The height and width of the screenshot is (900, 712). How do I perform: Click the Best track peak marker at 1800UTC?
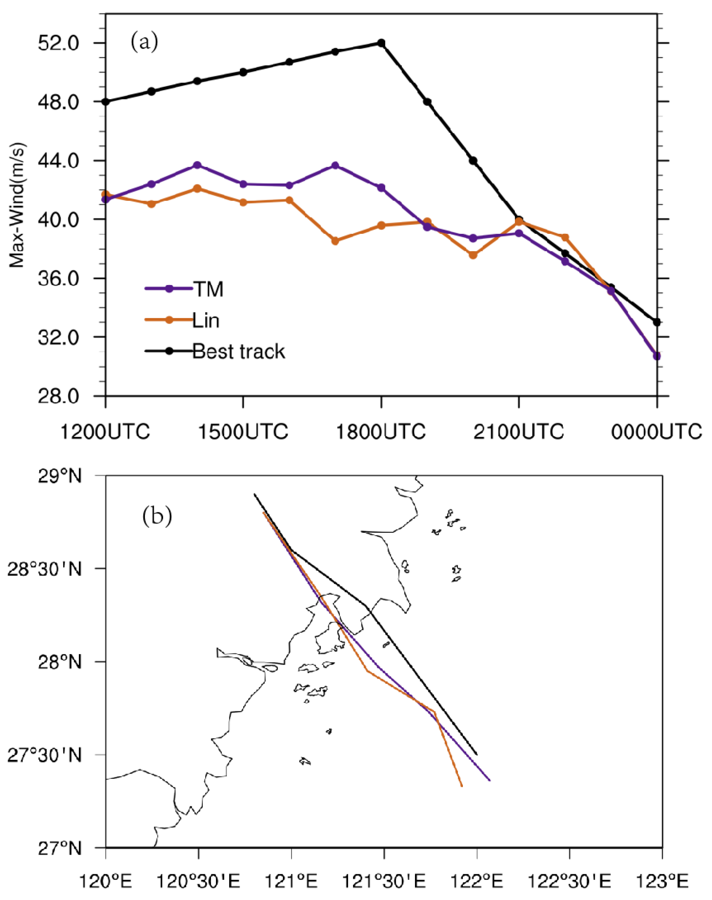[381, 43]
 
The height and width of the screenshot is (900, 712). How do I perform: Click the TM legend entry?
[207, 289]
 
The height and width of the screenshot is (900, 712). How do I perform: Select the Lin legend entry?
[206, 320]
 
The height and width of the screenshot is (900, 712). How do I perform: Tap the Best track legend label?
[239, 351]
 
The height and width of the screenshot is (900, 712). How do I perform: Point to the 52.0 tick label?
[58, 43]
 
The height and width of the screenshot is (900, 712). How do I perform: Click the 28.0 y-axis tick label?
[58, 396]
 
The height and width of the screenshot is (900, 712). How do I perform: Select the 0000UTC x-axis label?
[656, 432]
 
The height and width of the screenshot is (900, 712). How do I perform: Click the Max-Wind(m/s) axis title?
[17, 205]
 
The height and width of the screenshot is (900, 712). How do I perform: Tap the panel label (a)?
[144, 42]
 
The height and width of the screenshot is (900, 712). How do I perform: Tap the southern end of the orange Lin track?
[462, 786]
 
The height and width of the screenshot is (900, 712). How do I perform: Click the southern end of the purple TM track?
[490, 780]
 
